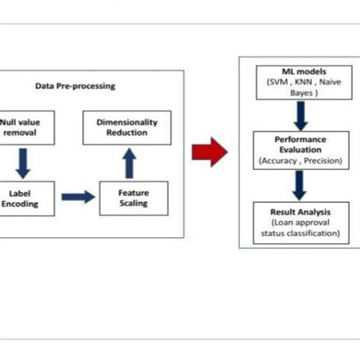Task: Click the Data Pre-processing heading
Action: coord(75,86)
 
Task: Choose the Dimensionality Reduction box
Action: coord(125,127)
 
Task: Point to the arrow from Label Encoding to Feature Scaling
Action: coord(78,197)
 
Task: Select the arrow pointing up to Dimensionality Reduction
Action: coord(128,162)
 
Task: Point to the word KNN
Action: coord(298,82)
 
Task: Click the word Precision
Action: coord(319,160)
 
